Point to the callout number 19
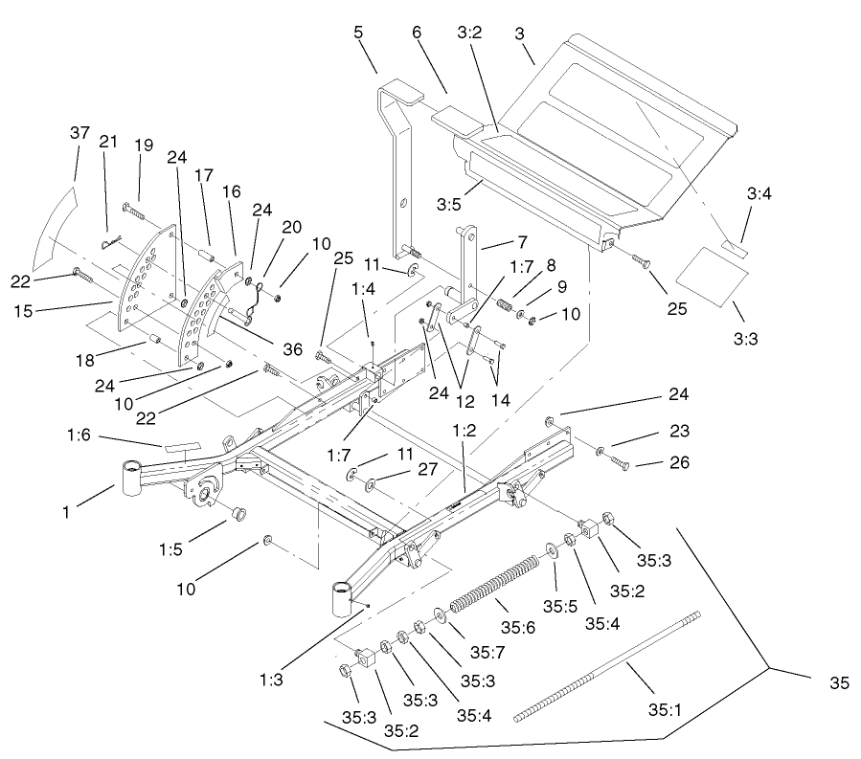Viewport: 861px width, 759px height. coord(143,145)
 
